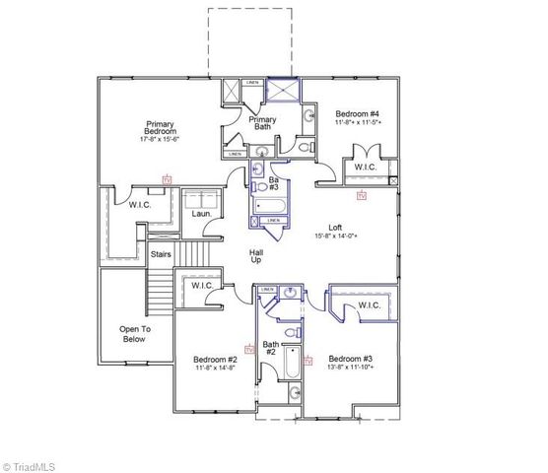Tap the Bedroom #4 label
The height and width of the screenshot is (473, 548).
[x=356, y=114]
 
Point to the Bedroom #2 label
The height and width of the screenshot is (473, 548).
[x=215, y=360]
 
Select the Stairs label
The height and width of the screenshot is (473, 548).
[x=161, y=254]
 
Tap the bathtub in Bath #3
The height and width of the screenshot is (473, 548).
[x=269, y=208]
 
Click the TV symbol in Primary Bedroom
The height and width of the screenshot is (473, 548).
[x=167, y=180]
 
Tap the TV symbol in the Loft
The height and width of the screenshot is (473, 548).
[x=361, y=197]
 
